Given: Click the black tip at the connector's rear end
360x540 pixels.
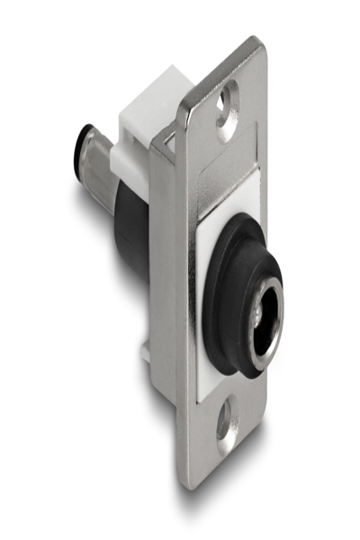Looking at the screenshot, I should click(77, 149).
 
